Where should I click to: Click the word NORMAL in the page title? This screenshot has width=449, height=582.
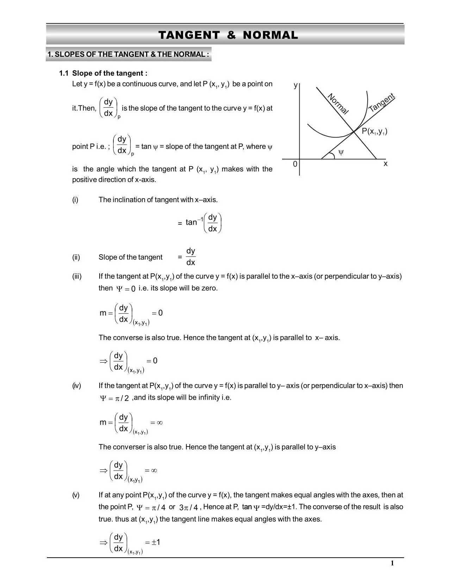click(x=270, y=35)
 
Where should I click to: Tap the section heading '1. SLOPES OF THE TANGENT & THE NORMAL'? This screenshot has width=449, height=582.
click(x=129, y=54)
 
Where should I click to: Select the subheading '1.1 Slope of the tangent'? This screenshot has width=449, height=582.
click(x=103, y=73)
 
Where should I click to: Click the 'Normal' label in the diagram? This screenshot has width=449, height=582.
click(x=338, y=104)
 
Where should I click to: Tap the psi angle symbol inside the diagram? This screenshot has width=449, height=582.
click(x=341, y=152)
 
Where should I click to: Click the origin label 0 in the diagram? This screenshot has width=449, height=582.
click(x=295, y=164)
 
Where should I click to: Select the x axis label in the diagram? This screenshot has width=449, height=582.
click(x=386, y=164)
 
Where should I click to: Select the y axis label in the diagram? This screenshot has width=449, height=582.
click(x=295, y=86)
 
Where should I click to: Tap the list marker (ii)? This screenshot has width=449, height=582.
click(x=76, y=257)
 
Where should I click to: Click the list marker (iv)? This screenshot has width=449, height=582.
click(x=76, y=386)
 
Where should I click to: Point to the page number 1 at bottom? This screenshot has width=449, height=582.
click(x=392, y=563)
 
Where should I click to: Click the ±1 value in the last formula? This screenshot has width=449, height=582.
click(x=156, y=542)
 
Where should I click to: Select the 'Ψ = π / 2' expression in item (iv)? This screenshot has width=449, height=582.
click(x=114, y=398)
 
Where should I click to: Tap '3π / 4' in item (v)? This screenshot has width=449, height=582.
click(x=188, y=507)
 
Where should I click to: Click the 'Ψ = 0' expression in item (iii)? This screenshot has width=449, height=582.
click(x=126, y=289)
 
